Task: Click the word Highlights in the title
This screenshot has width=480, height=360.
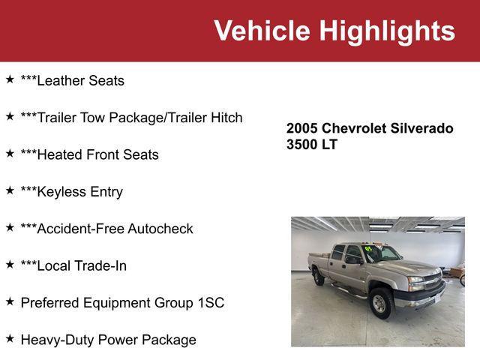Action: click(x=387, y=31)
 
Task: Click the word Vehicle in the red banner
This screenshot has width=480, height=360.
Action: click(x=262, y=31)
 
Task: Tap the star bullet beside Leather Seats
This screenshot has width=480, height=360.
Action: click(x=10, y=79)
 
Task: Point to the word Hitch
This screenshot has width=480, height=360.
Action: click(x=225, y=118)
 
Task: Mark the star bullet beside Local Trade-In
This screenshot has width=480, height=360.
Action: click(x=10, y=265)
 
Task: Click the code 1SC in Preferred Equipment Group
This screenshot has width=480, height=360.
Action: click(x=208, y=303)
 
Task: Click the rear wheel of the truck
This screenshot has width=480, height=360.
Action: click(x=319, y=276)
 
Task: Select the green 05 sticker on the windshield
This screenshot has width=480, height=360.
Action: click(x=368, y=248)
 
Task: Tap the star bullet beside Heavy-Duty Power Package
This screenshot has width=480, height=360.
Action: click(x=10, y=339)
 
